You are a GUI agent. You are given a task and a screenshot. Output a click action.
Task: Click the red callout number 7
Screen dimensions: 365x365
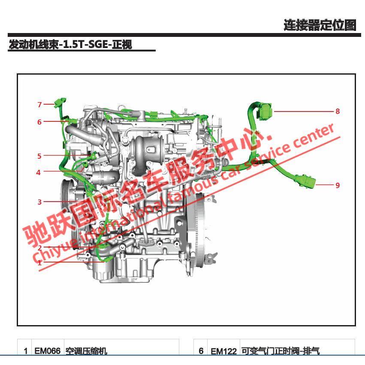tap(39, 105)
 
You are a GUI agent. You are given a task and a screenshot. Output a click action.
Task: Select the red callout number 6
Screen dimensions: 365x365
tap(39, 122)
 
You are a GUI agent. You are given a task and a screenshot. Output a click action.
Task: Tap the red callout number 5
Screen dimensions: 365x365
tap(39, 156)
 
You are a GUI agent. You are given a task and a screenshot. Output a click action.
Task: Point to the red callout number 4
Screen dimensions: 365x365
tap(39, 172)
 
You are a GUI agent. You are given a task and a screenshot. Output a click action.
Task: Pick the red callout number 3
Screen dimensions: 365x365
tap(39, 202)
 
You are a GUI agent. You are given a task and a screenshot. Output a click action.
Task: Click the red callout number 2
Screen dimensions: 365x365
tap(39, 248)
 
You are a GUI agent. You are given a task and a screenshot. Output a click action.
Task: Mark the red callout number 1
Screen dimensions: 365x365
tap(39, 262)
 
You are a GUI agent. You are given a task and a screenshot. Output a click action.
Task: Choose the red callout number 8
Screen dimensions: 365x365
tap(338, 112)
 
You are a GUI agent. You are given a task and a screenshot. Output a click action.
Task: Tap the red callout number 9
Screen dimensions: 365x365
tap(338, 185)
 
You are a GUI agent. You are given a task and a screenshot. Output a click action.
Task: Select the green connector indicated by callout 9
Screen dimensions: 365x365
tap(308, 183)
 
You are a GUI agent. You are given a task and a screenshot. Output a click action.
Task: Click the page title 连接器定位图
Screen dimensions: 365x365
tap(320, 25)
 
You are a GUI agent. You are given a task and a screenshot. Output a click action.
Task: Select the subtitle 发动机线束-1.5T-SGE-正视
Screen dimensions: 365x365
tap(70, 44)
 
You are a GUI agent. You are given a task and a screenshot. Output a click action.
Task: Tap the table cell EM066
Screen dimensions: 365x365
tap(48, 351)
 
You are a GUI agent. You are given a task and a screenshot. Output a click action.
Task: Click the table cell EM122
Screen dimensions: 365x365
tap(223, 351)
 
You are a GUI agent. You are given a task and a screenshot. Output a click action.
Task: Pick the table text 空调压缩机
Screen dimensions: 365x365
tap(86, 351)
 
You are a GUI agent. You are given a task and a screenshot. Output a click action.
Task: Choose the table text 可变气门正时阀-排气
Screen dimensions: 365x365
tap(280, 351)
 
